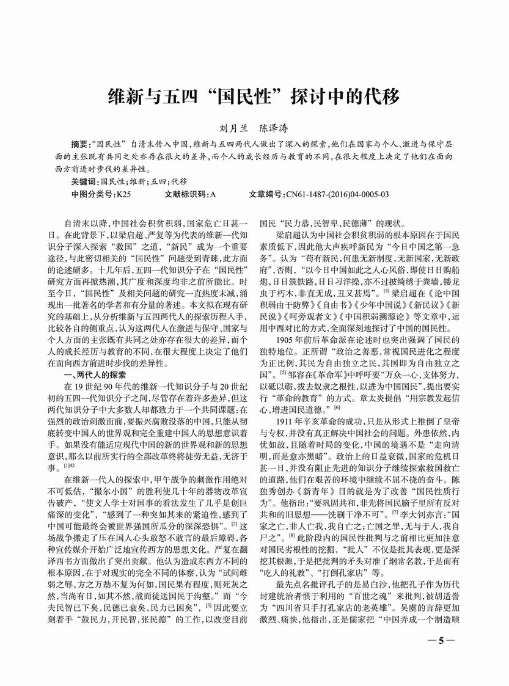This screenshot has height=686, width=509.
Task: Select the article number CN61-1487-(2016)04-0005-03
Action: coord(337,194)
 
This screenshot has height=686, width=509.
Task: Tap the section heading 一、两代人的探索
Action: coord(93,374)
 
